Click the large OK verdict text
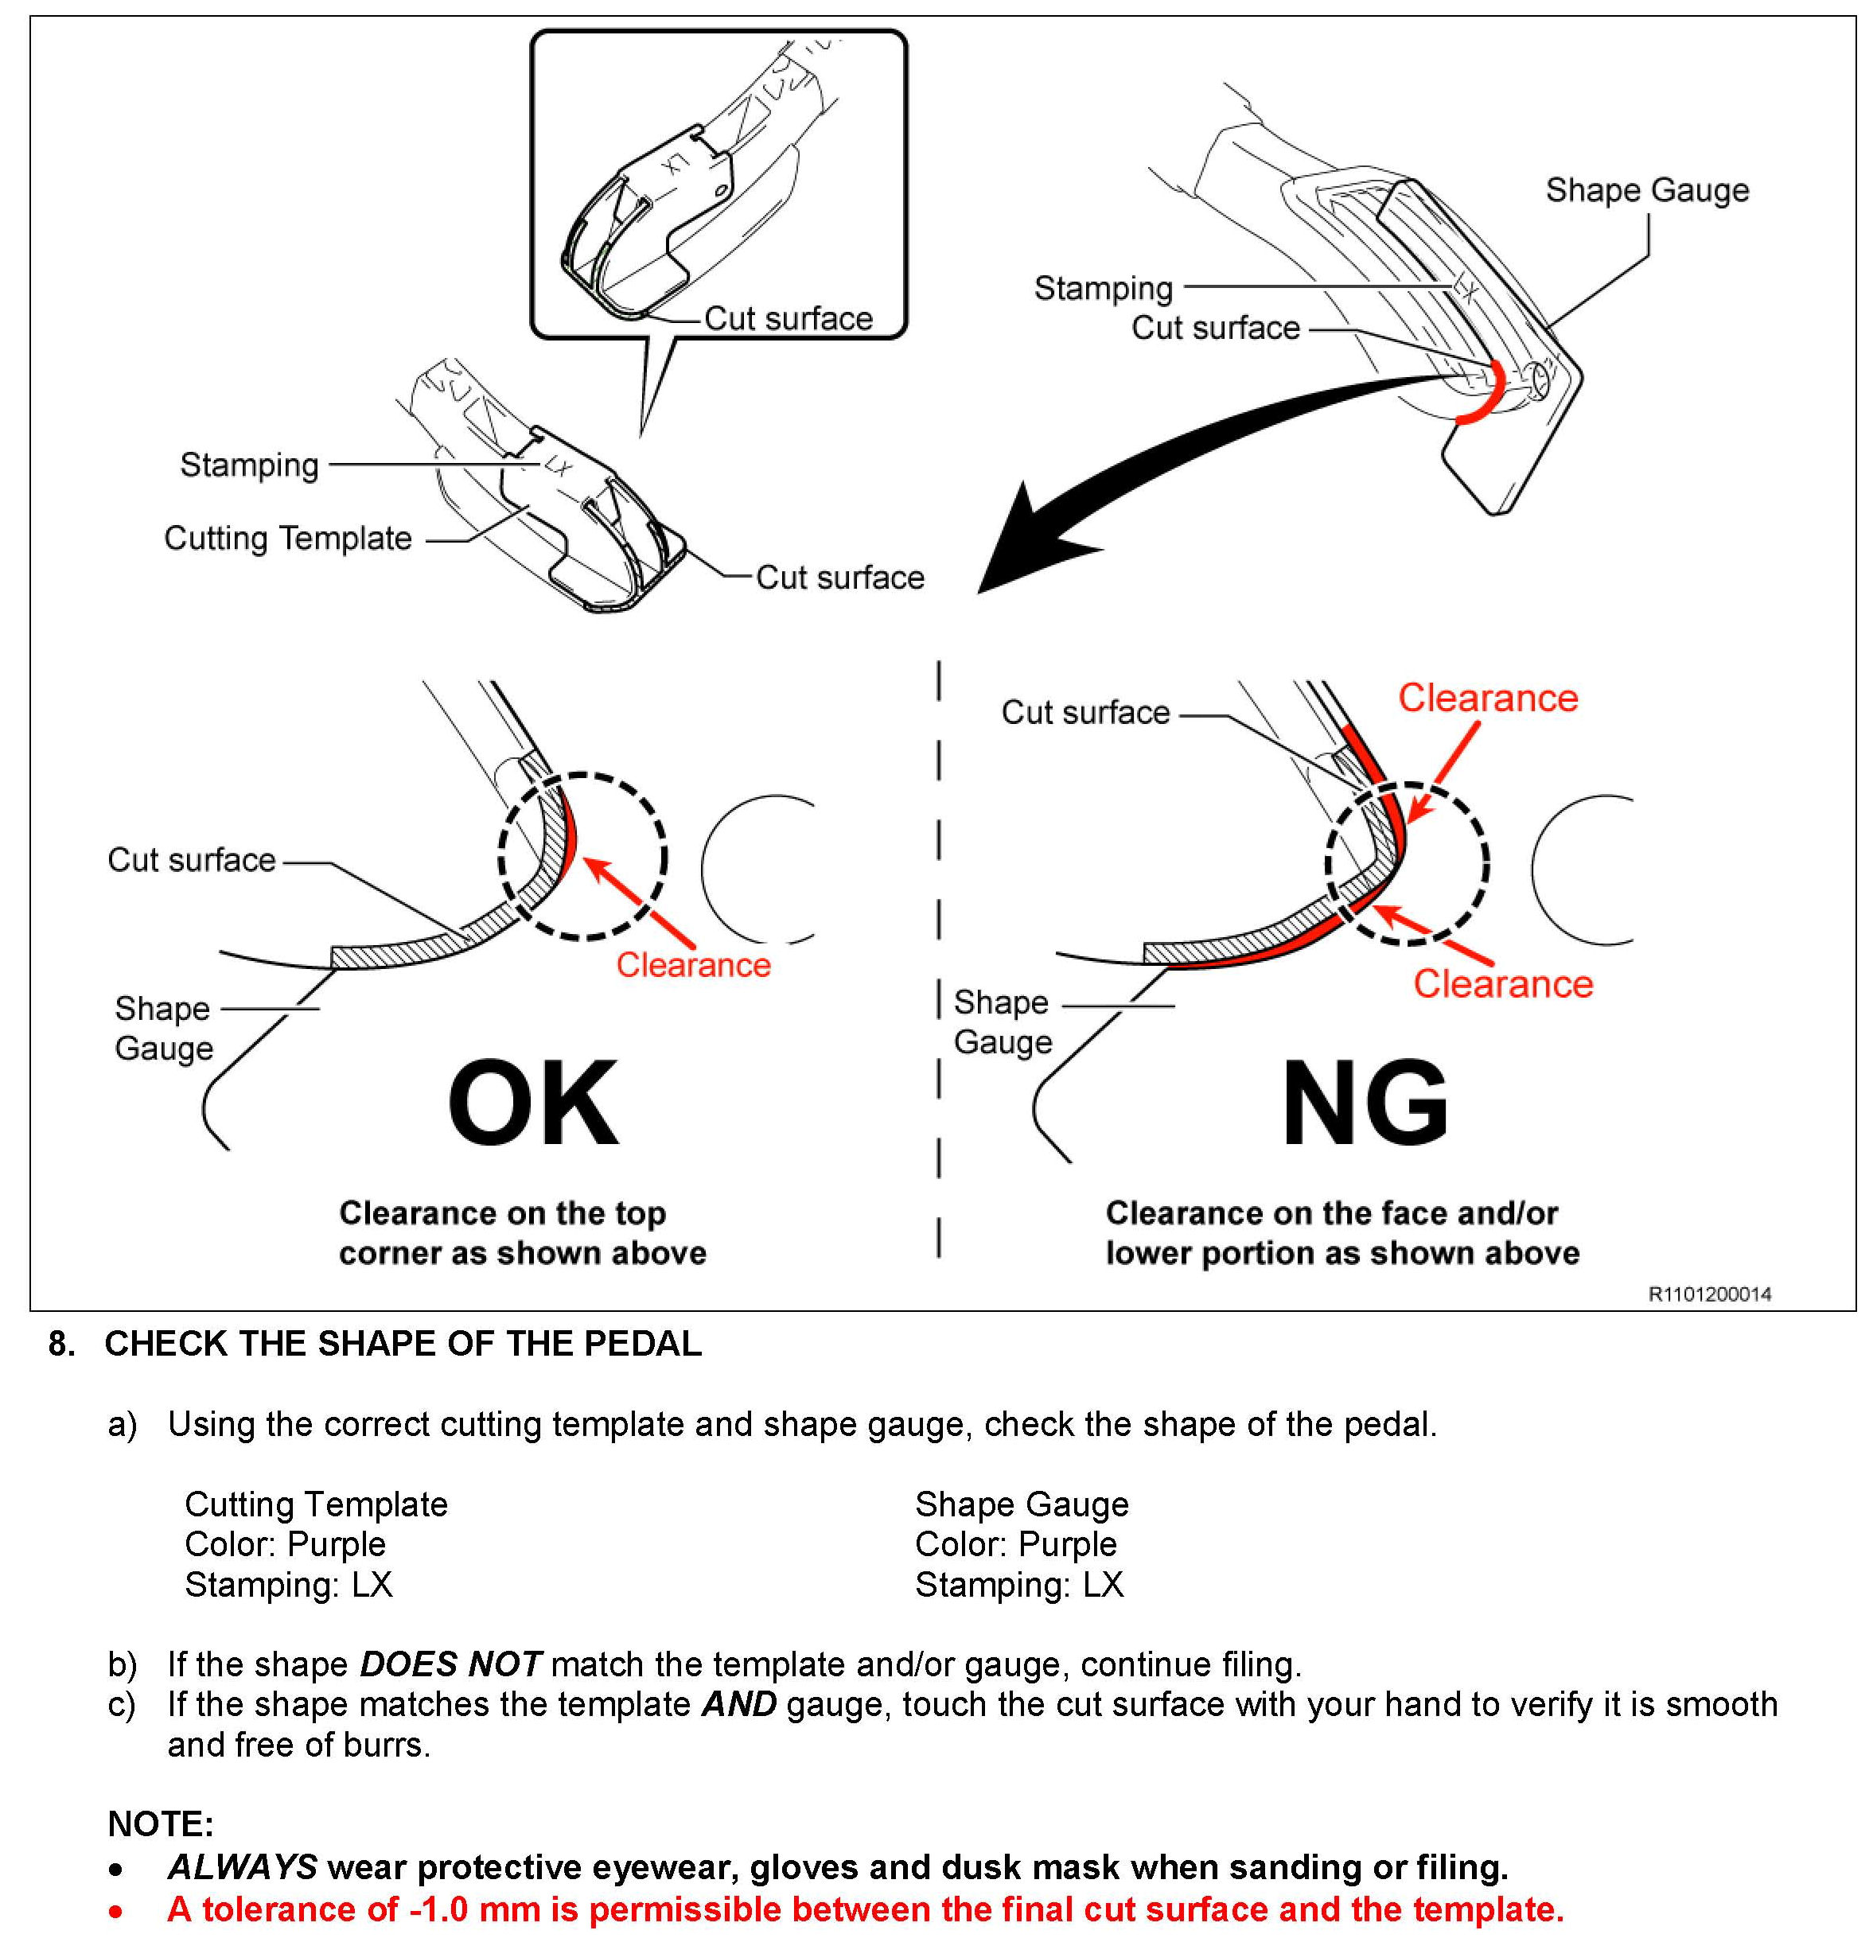click(x=533, y=1102)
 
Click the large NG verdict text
click(x=1365, y=1102)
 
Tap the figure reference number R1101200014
click(x=1708, y=1294)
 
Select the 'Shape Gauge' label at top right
click(x=1647, y=190)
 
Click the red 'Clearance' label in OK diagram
click(x=693, y=964)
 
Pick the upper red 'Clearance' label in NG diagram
click(x=1487, y=699)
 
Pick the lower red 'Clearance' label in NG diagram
click(x=1502, y=984)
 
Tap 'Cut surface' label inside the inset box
click(x=788, y=319)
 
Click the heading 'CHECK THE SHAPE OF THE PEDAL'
click(x=403, y=1344)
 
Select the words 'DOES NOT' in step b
click(x=450, y=1664)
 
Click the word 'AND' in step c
click(x=738, y=1704)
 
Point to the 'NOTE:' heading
click(x=161, y=1824)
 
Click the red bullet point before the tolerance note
click(x=117, y=1910)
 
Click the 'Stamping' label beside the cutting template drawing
click(x=249, y=465)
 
